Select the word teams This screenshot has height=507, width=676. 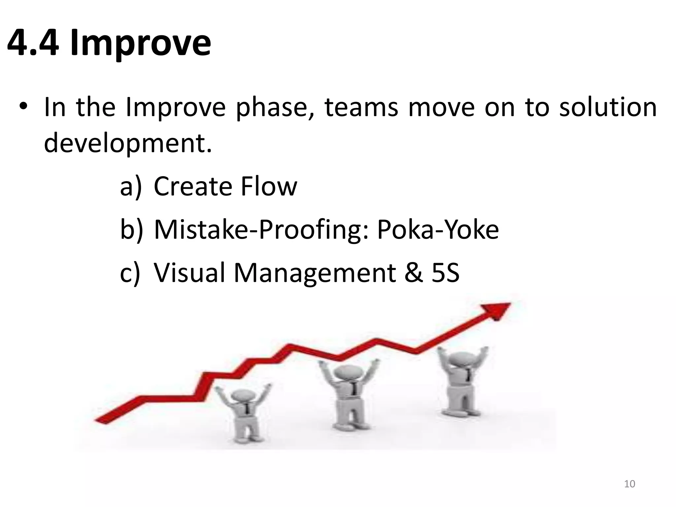pos(361,107)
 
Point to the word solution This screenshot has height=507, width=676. pos(608,107)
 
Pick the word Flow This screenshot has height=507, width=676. pos(269,186)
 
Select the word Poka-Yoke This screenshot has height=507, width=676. pos(438,229)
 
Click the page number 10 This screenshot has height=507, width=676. pos(629,484)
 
